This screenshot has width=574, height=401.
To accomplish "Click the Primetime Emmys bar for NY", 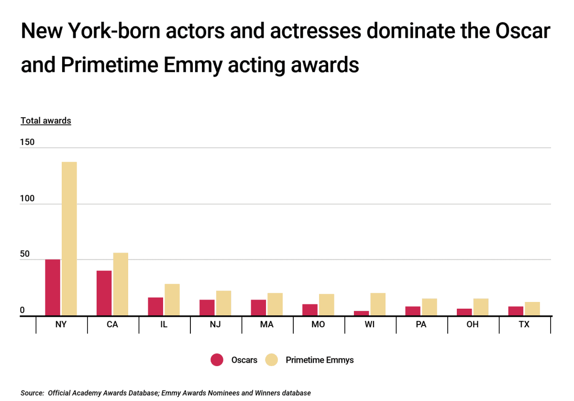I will pos(69,239).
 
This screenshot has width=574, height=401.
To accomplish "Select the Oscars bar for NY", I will pos(53,288).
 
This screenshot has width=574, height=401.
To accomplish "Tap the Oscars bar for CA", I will pos(104,293).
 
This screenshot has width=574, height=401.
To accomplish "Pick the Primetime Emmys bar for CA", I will pos(120,284).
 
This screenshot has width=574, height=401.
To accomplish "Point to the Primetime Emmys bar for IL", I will pos(172,300).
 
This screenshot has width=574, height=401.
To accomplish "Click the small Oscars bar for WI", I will pos(361,313).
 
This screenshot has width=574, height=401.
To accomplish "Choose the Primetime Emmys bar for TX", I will pos(532,309).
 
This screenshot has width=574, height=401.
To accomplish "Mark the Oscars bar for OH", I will pos(464,312).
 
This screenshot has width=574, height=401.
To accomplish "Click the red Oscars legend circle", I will pos(217,360).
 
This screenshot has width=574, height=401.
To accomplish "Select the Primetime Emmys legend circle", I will pos(271,360).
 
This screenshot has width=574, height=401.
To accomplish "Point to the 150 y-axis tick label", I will pos(28,142).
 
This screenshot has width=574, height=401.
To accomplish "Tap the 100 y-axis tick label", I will pos(28,199).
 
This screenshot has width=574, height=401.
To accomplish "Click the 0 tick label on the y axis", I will pos(22,311).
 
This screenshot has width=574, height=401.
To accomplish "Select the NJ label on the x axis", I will pos(215,324).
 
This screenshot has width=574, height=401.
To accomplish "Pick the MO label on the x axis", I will pos(318,324).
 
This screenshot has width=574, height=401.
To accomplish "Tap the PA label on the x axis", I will pos(421,324).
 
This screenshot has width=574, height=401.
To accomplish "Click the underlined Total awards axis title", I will pos(46,121).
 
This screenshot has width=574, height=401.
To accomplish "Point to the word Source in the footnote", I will pos(32,393).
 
